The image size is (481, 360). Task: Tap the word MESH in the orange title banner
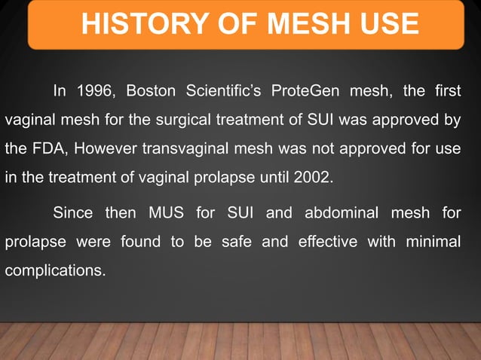click(286, 24)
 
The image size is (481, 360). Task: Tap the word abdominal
click(339, 213)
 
